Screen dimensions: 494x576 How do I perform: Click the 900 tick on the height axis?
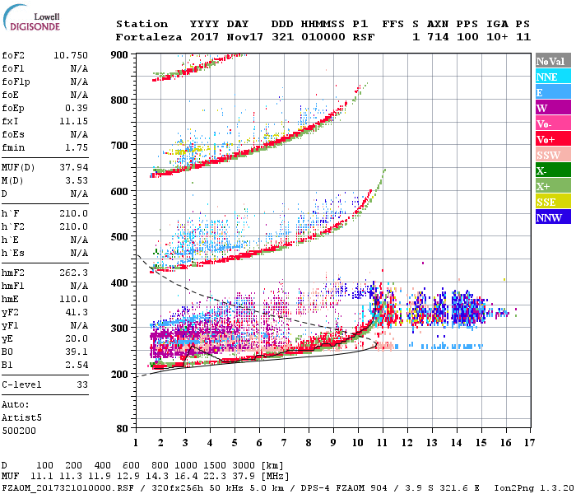pyautogui.click(x=119, y=54)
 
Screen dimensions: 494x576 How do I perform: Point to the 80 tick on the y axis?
pyautogui.click(x=123, y=428)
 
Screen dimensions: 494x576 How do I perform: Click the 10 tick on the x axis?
pyautogui.click(x=358, y=443)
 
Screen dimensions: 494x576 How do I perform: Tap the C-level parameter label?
pyautogui.click(x=22, y=384)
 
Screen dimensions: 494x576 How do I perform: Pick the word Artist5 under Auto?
pyautogui.click(x=22, y=417)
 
